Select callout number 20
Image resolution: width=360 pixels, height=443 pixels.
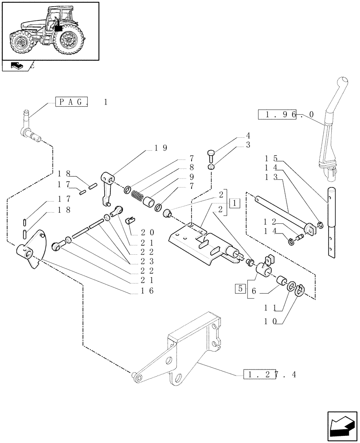148,232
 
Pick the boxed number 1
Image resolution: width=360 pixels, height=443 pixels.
235,203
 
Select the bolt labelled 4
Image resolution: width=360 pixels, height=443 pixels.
211,155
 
